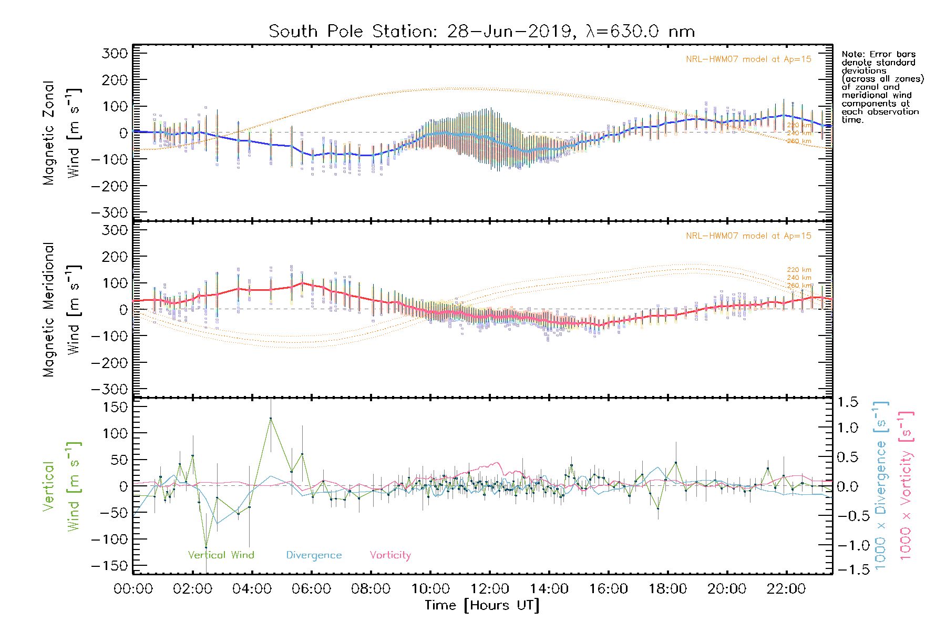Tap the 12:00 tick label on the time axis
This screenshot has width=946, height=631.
click(x=489, y=589)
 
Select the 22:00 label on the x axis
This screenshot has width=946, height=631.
click(x=786, y=589)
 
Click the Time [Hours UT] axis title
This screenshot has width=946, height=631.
click(x=481, y=605)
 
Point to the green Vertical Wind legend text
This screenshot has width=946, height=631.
click(x=221, y=555)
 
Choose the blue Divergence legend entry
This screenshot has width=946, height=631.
click(x=314, y=555)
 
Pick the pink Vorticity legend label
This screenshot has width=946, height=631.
click(x=390, y=555)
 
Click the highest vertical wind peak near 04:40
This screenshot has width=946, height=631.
click(x=271, y=419)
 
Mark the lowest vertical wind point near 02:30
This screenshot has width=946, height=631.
click(x=206, y=547)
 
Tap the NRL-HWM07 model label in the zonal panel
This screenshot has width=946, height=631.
click(x=748, y=59)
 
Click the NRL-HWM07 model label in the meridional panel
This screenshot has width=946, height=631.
click(x=748, y=236)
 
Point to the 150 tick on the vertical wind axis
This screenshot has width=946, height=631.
click(x=116, y=407)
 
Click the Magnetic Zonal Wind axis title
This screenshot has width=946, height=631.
click(x=61, y=133)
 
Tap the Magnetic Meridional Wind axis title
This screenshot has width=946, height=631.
click(x=61, y=309)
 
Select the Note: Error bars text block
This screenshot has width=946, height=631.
click(x=882, y=87)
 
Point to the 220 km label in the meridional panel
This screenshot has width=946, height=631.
click(x=799, y=270)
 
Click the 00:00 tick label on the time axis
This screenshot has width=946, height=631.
click(x=133, y=589)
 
